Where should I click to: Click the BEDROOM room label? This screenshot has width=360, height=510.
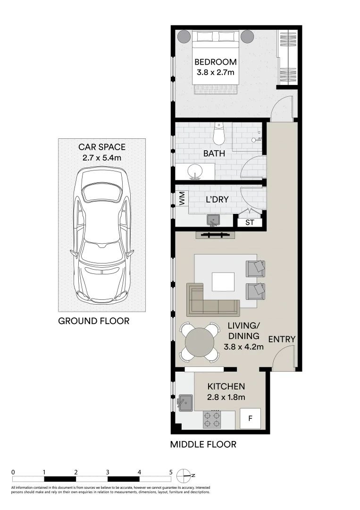click(x=216, y=62)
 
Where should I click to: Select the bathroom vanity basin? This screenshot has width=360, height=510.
click(x=194, y=172)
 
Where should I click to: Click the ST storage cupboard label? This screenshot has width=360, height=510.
click(x=250, y=222)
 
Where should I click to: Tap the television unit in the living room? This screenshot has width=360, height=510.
click(x=215, y=235)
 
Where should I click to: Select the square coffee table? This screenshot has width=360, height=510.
click(x=223, y=282)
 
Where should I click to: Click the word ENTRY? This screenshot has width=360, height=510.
click(x=282, y=340)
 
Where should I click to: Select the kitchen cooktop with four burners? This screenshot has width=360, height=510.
click(x=212, y=419)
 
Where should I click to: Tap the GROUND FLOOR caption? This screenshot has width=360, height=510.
click(x=93, y=321)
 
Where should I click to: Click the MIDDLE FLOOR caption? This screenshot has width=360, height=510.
click(x=203, y=444)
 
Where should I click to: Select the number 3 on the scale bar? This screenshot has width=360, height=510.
click(x=108, y=472)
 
